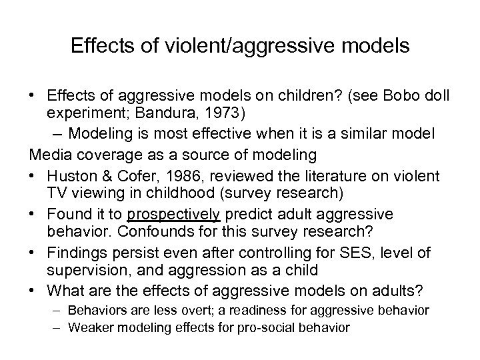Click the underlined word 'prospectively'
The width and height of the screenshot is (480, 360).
[x=178, y=214]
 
